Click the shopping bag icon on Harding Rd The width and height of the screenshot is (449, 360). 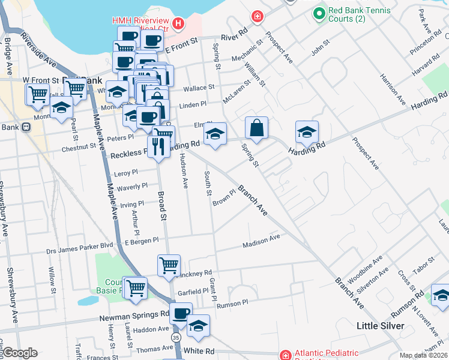256,128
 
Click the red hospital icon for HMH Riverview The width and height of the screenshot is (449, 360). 178,23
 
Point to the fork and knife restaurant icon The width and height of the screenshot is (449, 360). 158,146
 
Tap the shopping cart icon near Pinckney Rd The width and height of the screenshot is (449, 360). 169,265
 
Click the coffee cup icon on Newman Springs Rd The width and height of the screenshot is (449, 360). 181,313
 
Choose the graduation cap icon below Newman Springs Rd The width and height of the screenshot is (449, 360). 199,326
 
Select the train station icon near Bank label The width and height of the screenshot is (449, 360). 26,127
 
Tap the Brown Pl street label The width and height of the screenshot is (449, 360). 224,197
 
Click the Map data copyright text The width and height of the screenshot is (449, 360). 423,355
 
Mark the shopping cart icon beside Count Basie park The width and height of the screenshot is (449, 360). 135,287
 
